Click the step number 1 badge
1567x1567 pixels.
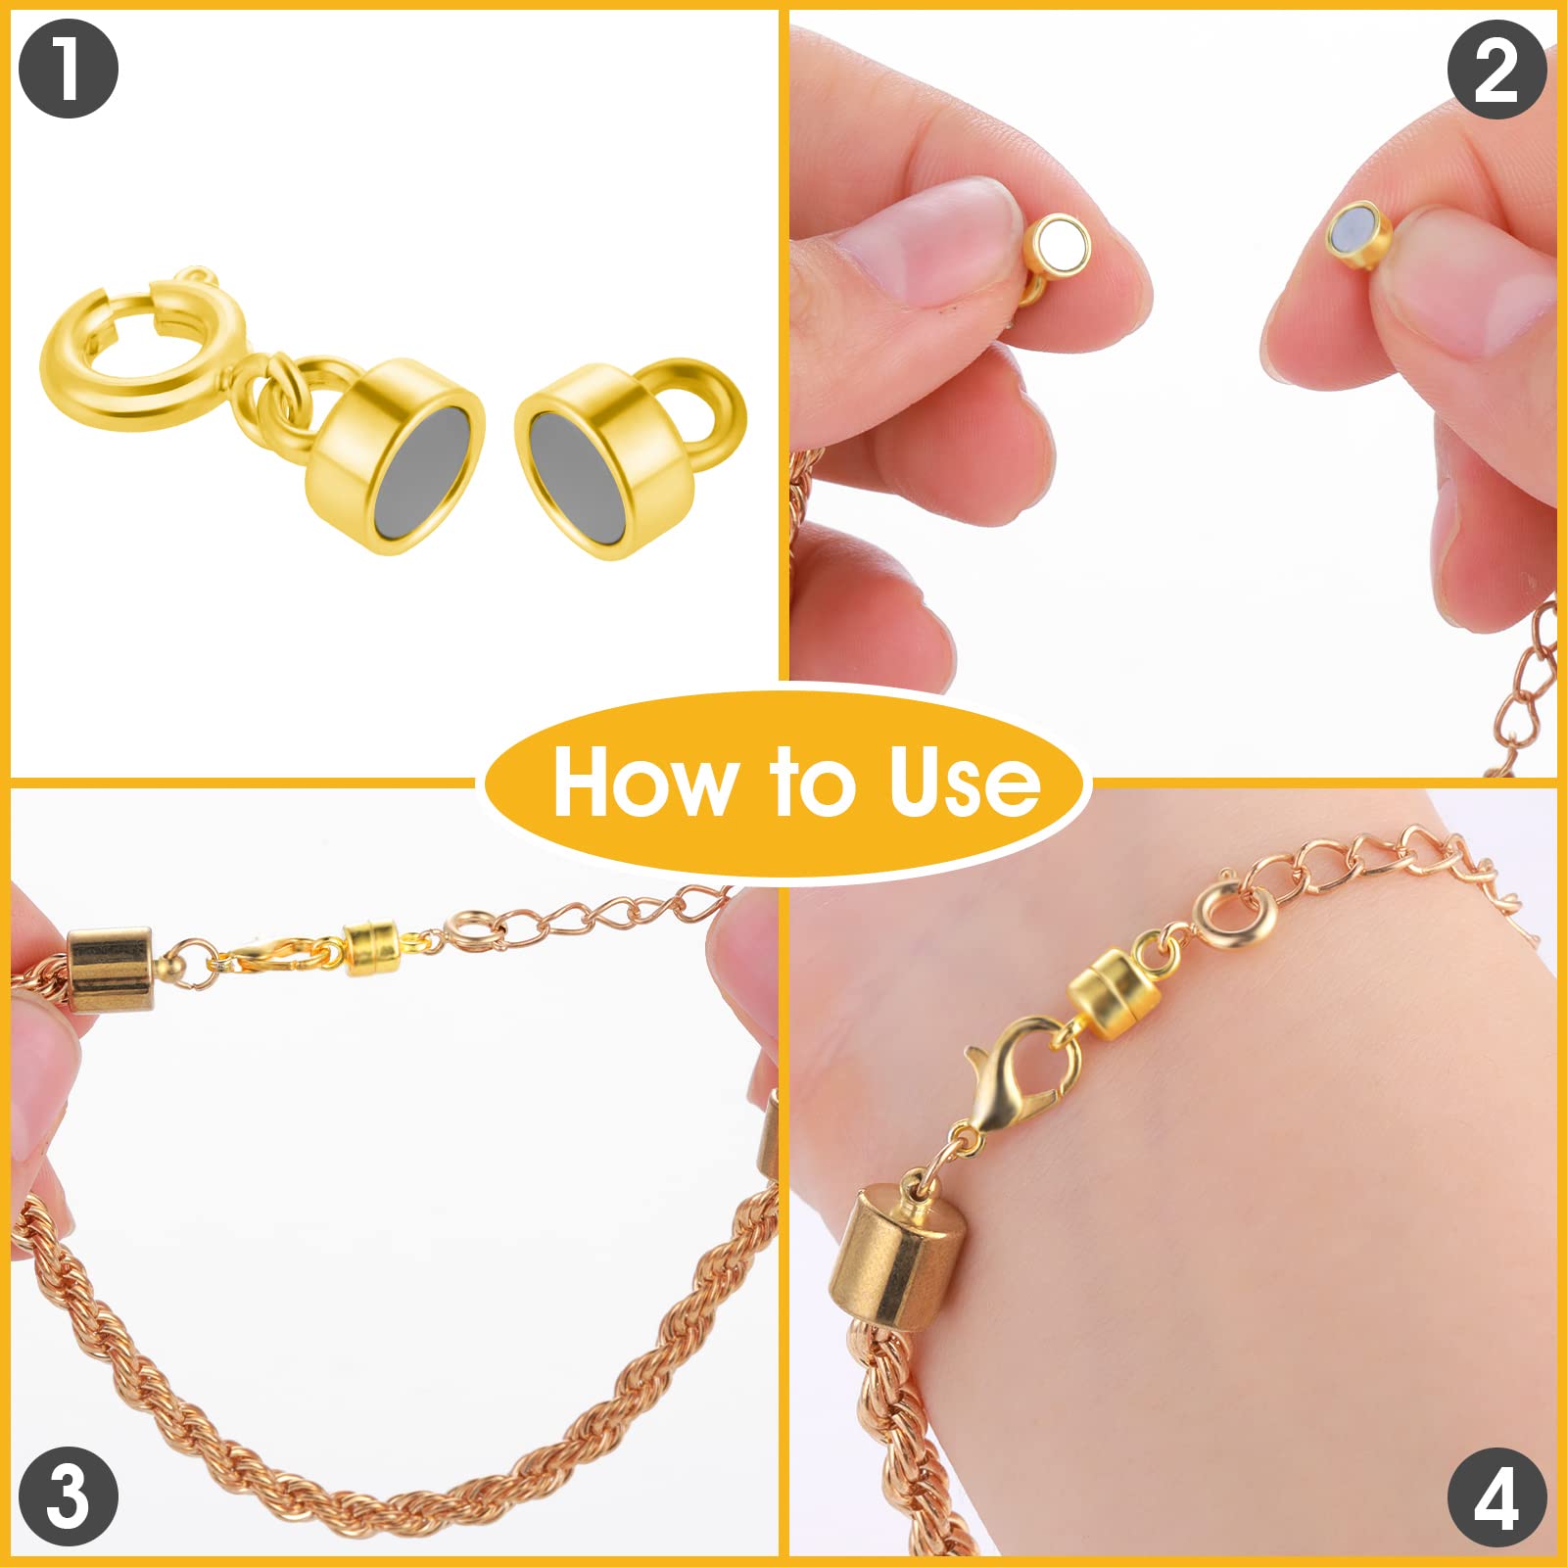point(68,70)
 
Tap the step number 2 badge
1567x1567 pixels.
point(1496,70)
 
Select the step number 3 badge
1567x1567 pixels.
point(68,1496)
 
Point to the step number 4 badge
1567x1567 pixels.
point(1496,1496)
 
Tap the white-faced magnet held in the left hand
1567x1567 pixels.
point(1058,245)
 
